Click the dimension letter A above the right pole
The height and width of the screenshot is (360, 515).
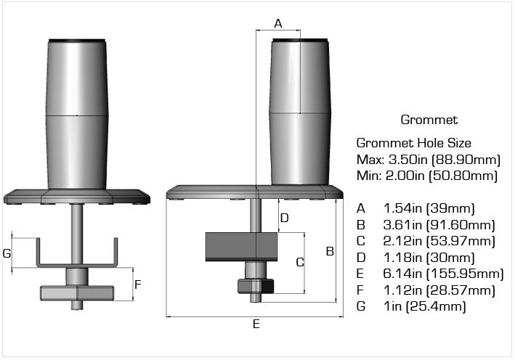coord(278,23)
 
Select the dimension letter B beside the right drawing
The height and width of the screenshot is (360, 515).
coord(329,251)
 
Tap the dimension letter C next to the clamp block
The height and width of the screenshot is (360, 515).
coord(299,262)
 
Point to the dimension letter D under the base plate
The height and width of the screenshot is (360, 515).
coord(285,217)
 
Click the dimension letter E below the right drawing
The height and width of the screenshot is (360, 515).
coord(256,324)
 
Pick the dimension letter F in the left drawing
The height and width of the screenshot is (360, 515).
coord(138,285)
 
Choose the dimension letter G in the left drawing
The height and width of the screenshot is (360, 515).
coord(7,253)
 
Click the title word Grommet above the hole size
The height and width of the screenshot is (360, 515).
coord(429,120)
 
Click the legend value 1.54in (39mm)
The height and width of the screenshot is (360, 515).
coord(429,208)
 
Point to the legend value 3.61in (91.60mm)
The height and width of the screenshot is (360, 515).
coord(439,225)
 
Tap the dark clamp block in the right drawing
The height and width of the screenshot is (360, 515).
coord(242,246)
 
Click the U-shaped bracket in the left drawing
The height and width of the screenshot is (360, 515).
coord(77,261)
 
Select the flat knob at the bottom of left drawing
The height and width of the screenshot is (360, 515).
coord(76,292)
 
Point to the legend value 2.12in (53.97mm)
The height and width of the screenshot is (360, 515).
coord(439,241)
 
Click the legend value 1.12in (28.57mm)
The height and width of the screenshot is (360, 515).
coord(439,290)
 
